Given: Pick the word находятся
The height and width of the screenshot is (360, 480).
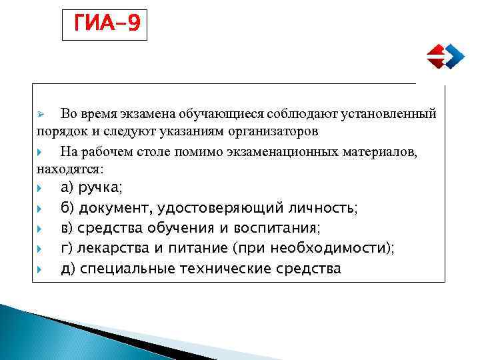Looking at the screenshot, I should coord(69,168).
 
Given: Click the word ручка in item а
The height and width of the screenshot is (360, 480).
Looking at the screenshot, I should coord(99,187).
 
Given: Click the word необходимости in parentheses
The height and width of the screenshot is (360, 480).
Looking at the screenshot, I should coord(341,248).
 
